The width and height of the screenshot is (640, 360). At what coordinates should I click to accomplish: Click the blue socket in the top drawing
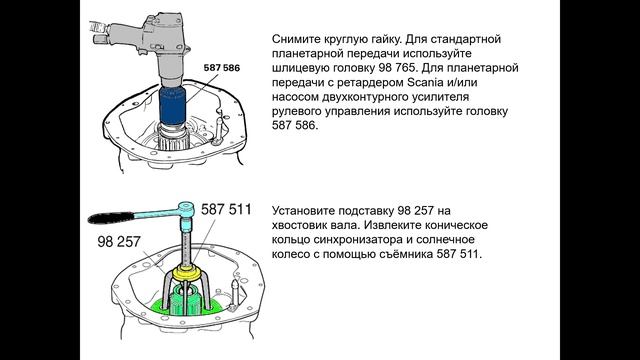pos(172,106)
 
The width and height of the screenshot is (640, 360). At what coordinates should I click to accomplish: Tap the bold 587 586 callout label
pos(222,68)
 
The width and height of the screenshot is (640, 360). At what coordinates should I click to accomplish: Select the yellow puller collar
pos(187,273)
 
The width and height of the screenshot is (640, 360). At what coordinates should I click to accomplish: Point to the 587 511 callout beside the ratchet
pos(226,210)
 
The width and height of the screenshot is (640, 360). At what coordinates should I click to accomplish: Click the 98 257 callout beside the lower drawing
pos(119,241)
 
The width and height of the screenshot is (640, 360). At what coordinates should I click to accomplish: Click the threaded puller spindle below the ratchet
pos(186,244)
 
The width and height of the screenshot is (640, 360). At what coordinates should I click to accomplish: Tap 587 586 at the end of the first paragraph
pos(294,125)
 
